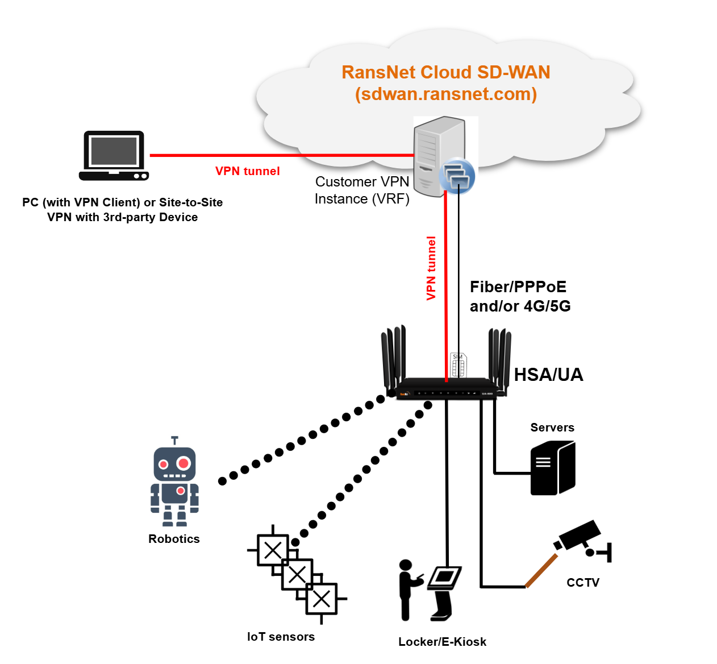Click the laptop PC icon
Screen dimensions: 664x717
(114, 155)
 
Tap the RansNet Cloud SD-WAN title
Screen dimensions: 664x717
(445, 72)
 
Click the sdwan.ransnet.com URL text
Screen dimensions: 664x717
(446, 94)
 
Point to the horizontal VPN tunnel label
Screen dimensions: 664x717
(247, 171)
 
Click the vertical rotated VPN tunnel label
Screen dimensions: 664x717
(431, 268)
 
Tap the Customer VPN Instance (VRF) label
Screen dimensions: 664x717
(362, 190)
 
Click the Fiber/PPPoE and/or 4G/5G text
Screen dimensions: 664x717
(519, 296)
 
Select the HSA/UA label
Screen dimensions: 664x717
(548, 375)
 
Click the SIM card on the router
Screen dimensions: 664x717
(458, 365)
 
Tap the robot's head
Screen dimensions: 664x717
(174, 464)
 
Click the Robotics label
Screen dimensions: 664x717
(174, 539)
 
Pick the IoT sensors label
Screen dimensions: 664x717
(281, 637)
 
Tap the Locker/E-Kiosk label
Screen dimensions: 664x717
(442, 642)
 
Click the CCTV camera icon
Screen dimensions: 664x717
(580, 537)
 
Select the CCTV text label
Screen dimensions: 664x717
(583, 582)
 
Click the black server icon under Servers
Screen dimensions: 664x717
(552, 468)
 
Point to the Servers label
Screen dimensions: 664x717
(552, 428)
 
